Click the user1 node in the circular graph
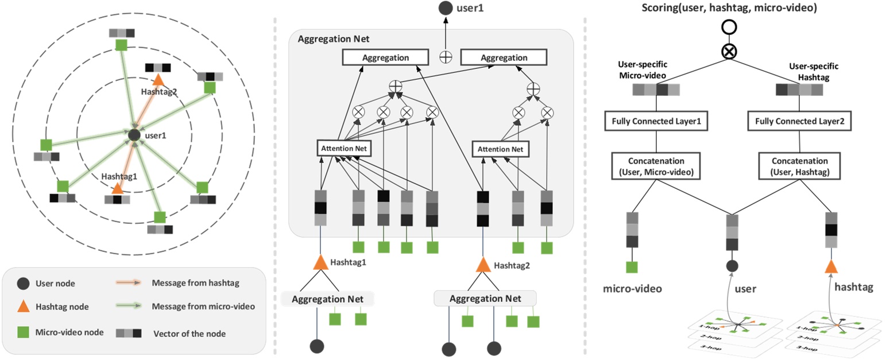[134, 136]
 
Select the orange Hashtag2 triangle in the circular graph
[157, 82]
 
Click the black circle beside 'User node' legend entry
[21, 283]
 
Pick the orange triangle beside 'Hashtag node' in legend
[21, 308]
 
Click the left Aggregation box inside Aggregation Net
[385, 57]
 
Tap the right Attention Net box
[501, 149]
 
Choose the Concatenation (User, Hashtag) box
[799, 165]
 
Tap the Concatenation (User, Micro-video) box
[656, 165]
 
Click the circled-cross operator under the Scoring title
[729, 51]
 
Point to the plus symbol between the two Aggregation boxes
[445, 57]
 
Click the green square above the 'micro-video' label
[632, 267]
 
